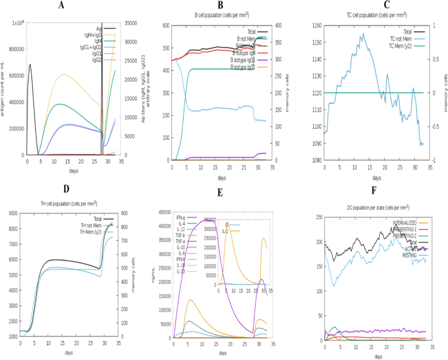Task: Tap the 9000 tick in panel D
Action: click(12, 213)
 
